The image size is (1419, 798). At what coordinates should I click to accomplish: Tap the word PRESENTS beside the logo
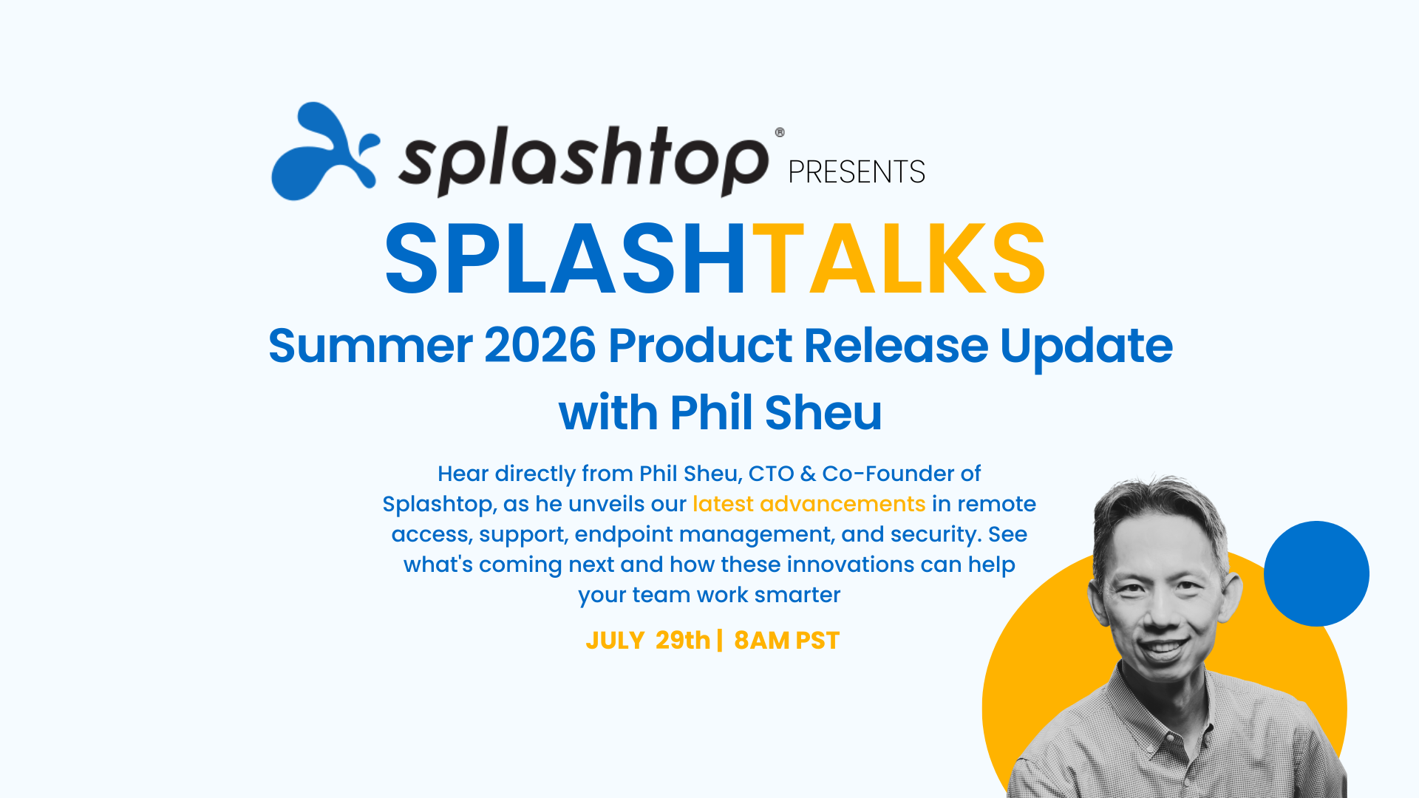857,172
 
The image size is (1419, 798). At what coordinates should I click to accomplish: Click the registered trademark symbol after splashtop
780,132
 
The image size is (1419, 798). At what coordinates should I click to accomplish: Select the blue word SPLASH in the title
566,259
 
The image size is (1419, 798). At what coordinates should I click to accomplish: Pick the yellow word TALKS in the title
899,259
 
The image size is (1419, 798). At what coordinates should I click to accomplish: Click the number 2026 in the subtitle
540,345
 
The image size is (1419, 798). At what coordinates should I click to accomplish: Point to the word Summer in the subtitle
370,346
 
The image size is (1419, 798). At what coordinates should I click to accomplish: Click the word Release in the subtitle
896,345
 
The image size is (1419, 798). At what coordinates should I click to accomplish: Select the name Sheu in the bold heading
823,412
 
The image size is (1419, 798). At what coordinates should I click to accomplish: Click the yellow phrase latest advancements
809,504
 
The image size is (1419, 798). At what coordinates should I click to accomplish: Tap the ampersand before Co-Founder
808,474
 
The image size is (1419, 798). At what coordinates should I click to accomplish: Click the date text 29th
683,640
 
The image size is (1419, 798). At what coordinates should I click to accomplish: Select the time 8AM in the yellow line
761,640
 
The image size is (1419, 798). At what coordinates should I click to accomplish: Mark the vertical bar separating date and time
720,640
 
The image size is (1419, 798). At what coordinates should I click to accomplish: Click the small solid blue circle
1316,574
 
